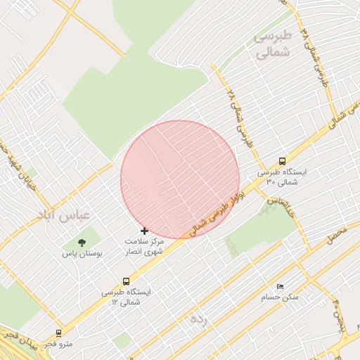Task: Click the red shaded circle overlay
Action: tap(180, 179)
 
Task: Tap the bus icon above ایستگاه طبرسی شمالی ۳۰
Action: tap(282, 161)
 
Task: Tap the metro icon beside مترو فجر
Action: tap(58, 333)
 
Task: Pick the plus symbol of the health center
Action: tap(145, 231)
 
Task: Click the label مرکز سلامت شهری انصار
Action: tap(145, 246)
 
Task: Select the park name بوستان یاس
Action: tap(82, 252)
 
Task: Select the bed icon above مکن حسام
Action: tap(281, 287)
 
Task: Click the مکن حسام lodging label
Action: tap(280, 297)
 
